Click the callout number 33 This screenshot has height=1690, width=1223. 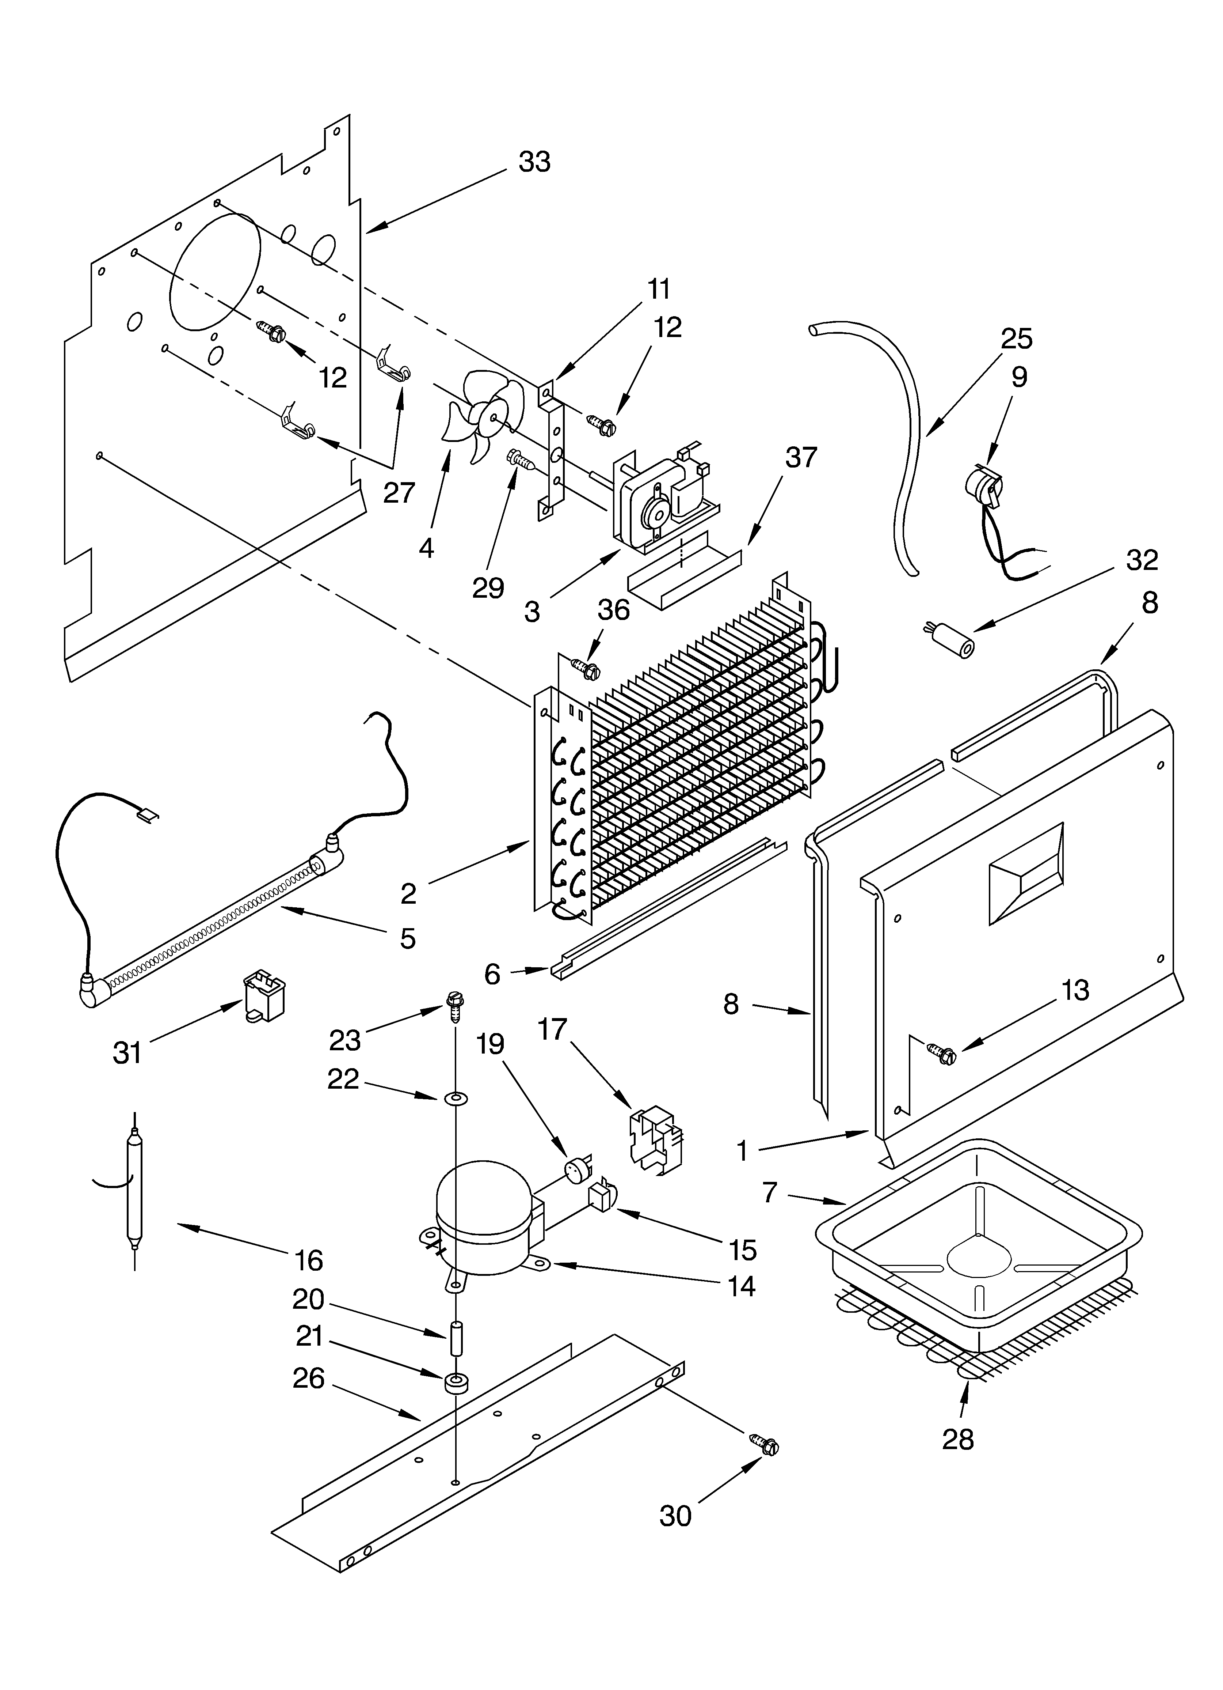(534, 162)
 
